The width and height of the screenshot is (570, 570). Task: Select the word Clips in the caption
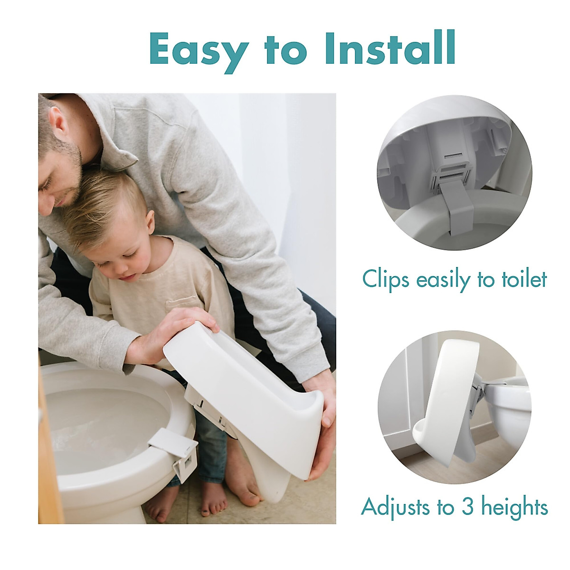[385, 280]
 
